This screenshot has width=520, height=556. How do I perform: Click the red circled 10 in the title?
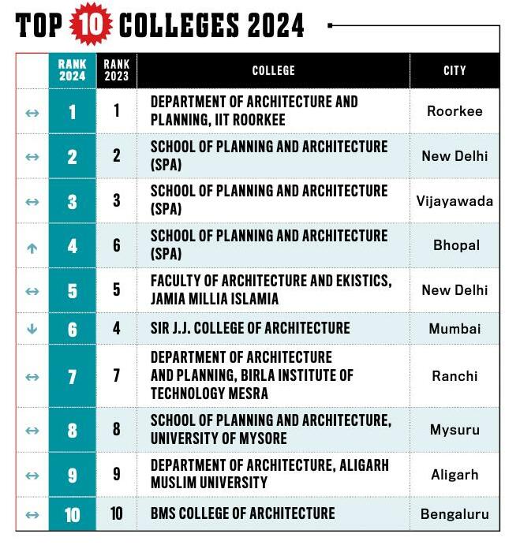click(x=92, y=24)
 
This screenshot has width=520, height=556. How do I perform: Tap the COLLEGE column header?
click(x=273, y=71)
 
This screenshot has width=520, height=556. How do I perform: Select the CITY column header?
click(x=455, y=71)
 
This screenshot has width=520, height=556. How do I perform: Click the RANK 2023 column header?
click(x=117, y=71)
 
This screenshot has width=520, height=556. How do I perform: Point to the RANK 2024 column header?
click(x=73, y=71)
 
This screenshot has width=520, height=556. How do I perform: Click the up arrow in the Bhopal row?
click(x=32, y=247)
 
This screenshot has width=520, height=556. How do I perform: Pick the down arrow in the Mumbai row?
click(x=32, y=329)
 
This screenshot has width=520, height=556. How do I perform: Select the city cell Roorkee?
click(x=455, y=111)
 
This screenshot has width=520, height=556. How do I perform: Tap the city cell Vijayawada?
click(x=455, y=200)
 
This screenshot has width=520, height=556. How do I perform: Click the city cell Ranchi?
click(x=455, y=376)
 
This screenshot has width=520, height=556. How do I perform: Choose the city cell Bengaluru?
click(x=455, y=514)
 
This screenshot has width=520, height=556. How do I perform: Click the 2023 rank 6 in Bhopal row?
click(x=117, y=245)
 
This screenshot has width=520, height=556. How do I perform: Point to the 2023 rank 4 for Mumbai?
click(x=117, y=328)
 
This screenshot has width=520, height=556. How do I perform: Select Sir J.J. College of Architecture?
click(x=250, y=328)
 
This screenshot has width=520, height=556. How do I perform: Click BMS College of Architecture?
click(x=242, y=513)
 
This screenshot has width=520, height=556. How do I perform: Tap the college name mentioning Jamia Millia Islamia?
click(x=271, y=289)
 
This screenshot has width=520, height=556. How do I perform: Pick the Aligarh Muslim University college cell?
click(x=269, y=473)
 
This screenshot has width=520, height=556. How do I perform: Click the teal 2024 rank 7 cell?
click(x=73, y=376)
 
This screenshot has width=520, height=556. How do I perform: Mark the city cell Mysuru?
click(x=455, y=430)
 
